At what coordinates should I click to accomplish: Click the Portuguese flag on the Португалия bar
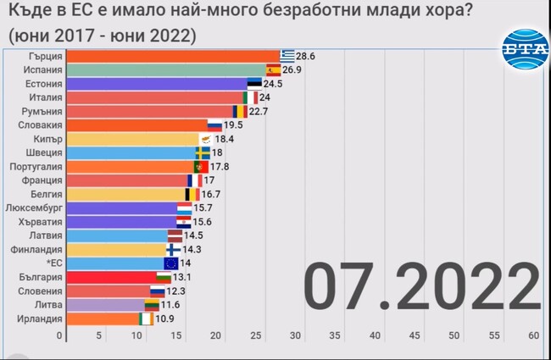coord(201,167)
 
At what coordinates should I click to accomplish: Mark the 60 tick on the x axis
coord(534,336)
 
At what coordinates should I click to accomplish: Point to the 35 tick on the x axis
coord(335,336)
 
